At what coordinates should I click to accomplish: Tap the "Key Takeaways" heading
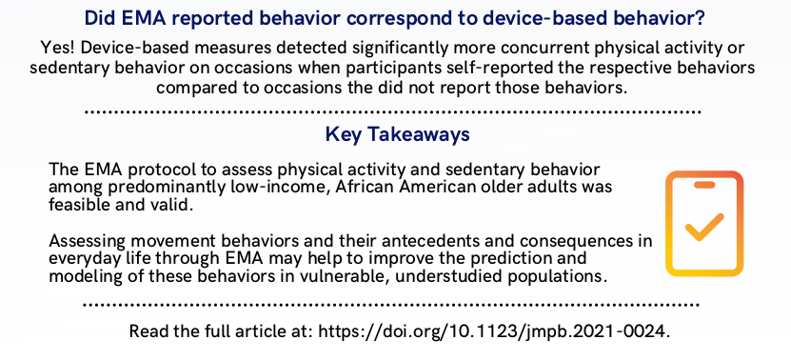tap(395, 134)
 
